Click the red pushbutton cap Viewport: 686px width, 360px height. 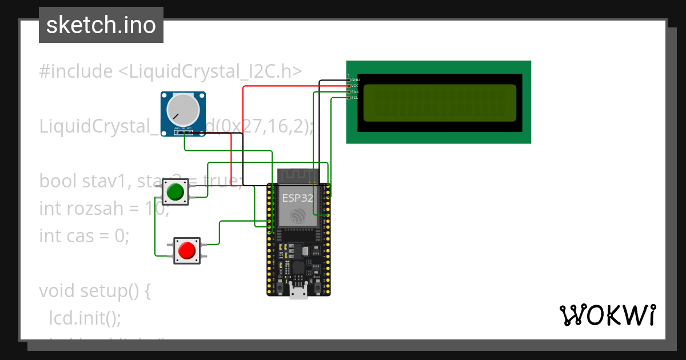pyautogui.click(x=187, y=250)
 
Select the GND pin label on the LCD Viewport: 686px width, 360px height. pyautogui.click(x=355, y=79)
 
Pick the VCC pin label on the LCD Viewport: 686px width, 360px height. pyautogui.click(x=354, y=86)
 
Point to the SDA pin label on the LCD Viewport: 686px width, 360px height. pyautogui.click(x=354, y=92)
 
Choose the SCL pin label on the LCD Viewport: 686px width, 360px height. pyautogui.click(x=354, y=98)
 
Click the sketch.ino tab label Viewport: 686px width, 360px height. pyautogui.click(x=101, y=25)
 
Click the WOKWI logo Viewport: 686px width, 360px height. pyautogui.click(x=607, y=315)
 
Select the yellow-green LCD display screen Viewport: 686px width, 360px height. pyautogui.click(x=440, y=103)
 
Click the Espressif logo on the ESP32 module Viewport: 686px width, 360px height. pyautogui.click(x=298, y=216)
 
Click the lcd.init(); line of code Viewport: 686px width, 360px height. pyautogui.click(x=85, y=318)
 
